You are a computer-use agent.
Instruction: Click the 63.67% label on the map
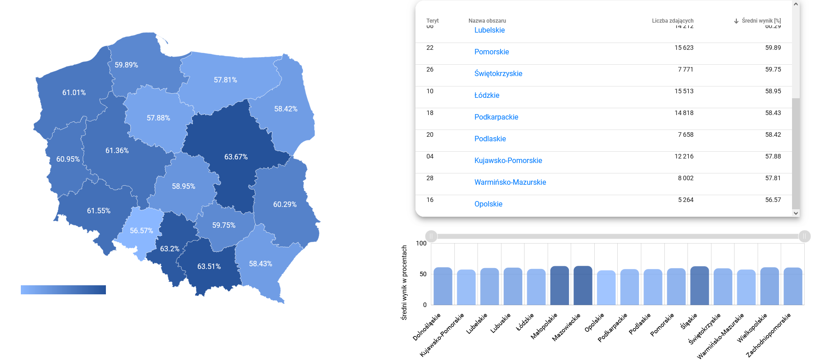coord(236,157)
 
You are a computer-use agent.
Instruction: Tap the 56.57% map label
coord(141,230)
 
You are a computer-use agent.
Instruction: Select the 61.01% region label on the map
coord(74,92)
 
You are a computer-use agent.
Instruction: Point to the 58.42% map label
coord(286,109)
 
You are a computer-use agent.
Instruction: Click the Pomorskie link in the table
coord(492,52)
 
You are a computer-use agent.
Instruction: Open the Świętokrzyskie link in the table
coord(498,73)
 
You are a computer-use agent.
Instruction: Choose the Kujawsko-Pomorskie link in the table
coord(508,160)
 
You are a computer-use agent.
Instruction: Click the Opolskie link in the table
coord(488,204)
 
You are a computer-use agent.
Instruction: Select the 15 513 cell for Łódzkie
coord(684,91)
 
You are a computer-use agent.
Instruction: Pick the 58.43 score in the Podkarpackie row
coord(773,113)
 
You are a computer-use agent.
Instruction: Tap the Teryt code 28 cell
coord(429,178)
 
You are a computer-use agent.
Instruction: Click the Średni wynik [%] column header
coord(761,21)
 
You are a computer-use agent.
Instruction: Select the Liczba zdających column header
coord(672,21)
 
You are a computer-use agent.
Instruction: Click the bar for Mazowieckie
coord(582,285)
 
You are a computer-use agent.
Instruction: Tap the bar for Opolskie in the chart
coord(606,288)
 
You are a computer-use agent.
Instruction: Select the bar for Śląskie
coord(699,285)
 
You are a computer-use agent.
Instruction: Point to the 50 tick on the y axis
coord(423,274)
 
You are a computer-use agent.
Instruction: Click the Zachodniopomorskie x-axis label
coord(768,335)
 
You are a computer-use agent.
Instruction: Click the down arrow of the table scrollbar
coord(796,213)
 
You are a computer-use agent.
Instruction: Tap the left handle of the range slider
coord(431,236)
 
